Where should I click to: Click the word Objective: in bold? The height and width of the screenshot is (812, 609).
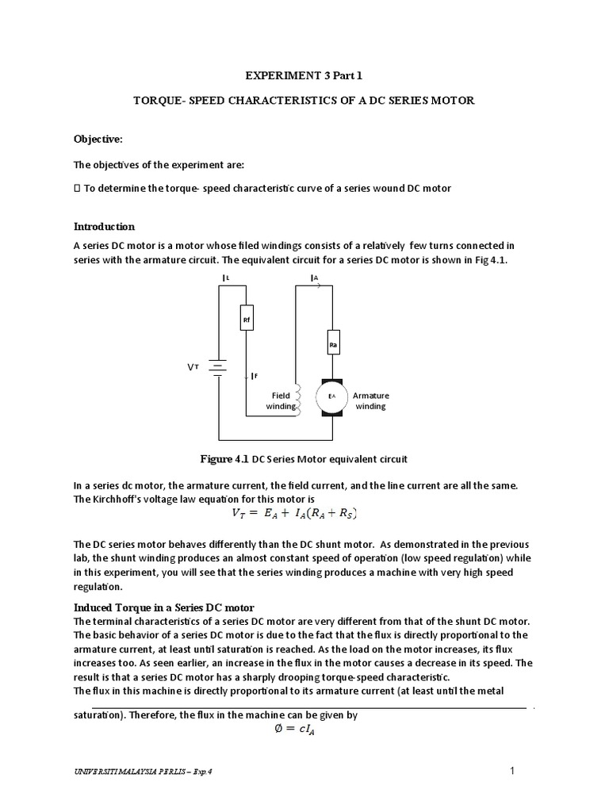98,139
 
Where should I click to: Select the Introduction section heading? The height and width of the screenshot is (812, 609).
104,226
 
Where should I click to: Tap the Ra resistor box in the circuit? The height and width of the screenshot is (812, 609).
333,344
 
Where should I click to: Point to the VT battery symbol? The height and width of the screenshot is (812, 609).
217,368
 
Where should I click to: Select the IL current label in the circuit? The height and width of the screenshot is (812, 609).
225,278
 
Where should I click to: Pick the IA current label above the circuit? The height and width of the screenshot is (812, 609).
315,278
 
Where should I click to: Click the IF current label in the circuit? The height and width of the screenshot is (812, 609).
253,376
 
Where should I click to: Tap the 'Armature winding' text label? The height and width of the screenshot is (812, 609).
370,400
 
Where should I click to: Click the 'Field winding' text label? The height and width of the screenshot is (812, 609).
281,400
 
